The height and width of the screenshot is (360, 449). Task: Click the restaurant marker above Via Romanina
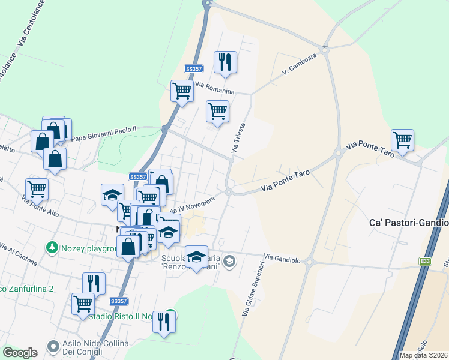click(x=225, y=62)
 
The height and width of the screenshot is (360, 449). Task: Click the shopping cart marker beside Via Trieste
click(x=217, y=111)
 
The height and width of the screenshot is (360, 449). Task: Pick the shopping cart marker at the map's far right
click(x=402, y=140)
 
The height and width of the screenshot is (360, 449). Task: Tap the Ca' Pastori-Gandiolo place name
click(x=408, y=223)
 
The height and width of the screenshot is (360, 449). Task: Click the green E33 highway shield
click(x=426, y=261)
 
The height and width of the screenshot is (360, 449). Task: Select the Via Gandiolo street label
click(x=281, y=258)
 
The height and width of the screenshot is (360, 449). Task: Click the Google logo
click(x=20, y=352)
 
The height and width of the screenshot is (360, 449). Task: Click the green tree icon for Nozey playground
click(x=52, y=247)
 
